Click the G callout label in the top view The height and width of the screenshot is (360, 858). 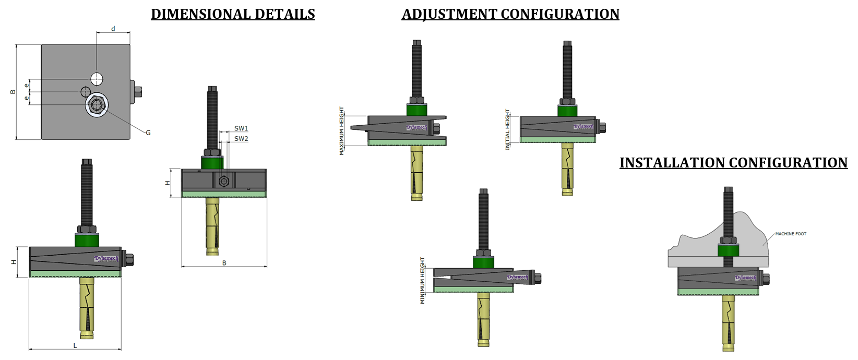pyautogui.click(x=148, y=133)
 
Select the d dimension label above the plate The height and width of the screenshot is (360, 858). pyautogui.click(x=113, y=29)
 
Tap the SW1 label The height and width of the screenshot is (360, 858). pyautogui.click(x=241, y=128)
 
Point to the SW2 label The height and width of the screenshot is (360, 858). pyautogui.click(x=241, y=138)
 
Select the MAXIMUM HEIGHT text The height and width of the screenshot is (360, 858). pyautogui.click(x=342, y=131)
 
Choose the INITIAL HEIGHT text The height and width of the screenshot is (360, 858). pyautogui.click(x=507, y=130)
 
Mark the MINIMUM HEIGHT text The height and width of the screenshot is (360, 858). pyautogui.click(x=423, y=281)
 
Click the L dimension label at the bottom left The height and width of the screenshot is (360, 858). pyautogui.click(x=75, y=345)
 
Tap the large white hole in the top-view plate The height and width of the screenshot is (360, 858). pyautogui.click(x=97, y=79)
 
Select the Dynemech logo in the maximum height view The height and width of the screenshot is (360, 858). pyautogui.click(x=416, y=128)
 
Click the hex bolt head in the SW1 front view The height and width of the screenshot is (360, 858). pyautogui.click(x=224, y=182)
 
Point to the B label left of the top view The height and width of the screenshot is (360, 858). pyautogui.click(x=13, y=92)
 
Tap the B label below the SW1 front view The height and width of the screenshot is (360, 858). pyautogui.click(x=224, y=262)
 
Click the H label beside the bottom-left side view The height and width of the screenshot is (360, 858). pyautogui.click(x=14, y=262)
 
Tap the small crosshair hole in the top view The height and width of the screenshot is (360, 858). pyautogui.click(x=85, y=92)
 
